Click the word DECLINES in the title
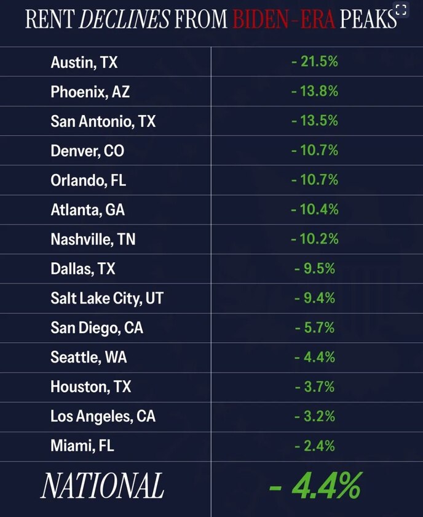125,19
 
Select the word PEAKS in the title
368,19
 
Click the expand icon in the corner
401,10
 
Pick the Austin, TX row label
84,62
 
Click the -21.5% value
315,62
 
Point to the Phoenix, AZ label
90,92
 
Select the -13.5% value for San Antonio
315,121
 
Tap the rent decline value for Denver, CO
315,150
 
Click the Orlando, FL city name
89,180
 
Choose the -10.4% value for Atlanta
315,209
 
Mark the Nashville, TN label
93,239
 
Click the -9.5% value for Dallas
315,268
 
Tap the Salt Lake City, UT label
107,299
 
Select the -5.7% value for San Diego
315,327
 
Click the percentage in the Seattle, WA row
315,357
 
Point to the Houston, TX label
90,387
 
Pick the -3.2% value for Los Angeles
315,416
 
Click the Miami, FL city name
82,446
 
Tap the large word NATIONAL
102,486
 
